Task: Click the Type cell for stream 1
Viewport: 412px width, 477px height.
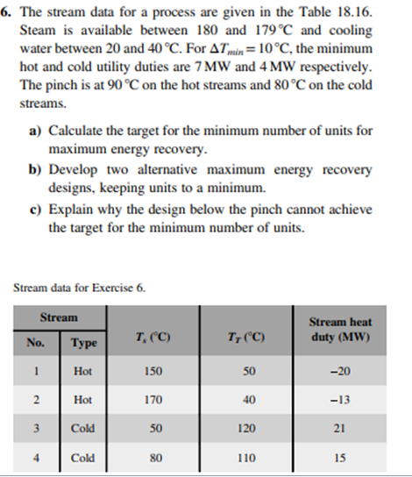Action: pos(83,372)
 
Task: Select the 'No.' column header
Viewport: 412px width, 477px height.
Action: pos(37,340)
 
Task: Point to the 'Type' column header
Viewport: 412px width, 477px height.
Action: pos(83,340)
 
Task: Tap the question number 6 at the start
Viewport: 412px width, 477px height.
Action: pos(11,11)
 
